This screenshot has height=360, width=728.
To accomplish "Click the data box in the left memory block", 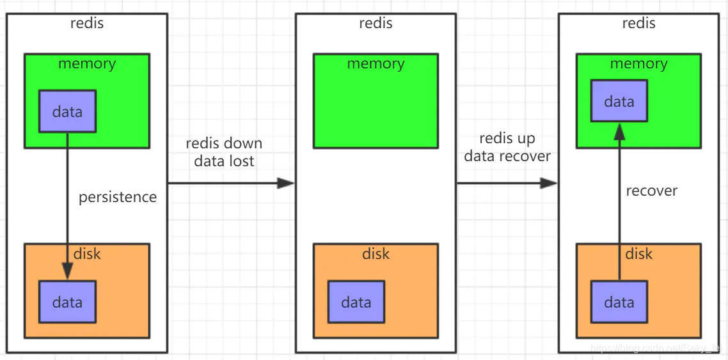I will (x=67, y=111).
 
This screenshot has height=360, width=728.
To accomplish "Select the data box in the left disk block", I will (x=67, y=302).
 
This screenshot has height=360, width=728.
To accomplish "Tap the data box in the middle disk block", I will (x=356, y=302).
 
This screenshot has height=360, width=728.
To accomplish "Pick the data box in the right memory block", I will (x=619, y=102).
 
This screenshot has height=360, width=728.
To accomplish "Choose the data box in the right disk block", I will (x=619, y=302).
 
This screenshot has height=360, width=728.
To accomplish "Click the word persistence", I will (x=118, y=197).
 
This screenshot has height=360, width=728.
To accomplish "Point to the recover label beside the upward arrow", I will (x=651, y=191).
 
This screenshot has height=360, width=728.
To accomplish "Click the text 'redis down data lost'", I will (x=224, y=152).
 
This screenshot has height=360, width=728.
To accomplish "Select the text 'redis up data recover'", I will (x=507, y=147).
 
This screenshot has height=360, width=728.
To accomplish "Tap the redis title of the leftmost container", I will (x=87, y=24).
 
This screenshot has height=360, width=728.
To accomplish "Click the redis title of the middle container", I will (x=376, y=24).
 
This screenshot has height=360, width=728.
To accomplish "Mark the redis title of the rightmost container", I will (x=638, y=24).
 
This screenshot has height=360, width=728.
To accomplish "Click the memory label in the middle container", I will (x=376, y=64).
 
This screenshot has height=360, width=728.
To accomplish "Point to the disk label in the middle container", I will (x=376, y=254).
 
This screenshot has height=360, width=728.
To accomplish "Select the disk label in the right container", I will (x=638, y=254).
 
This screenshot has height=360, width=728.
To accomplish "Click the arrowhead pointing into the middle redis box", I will (x=285, y=184).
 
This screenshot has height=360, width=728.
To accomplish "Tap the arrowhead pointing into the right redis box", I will (x=548, y=184).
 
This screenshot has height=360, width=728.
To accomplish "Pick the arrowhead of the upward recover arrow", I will (x=619, y=132).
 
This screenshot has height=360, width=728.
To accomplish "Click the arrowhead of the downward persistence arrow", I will (x=67, y=272).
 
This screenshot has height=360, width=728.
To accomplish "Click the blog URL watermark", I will (x=658, y=348).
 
